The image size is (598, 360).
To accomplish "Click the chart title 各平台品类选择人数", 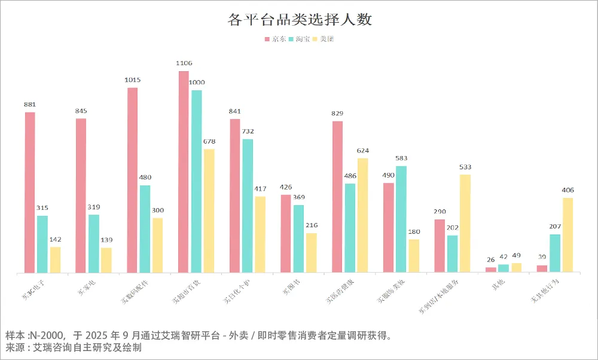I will pos(300,20).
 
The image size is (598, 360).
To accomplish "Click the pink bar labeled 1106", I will pos(184,172).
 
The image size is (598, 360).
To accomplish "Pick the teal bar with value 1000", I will pos(196,182).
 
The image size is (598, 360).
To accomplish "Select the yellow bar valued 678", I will pos(209,211).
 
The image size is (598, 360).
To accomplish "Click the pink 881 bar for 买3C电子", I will pos(30,193).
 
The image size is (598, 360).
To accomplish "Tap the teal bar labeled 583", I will pos(401,219).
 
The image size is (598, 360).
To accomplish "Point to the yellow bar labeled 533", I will pos(465,224).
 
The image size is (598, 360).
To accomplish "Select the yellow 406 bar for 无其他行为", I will pos(568,235).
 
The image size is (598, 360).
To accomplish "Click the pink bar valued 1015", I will pos(132,181).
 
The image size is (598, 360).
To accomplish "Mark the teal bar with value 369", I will pos(298,239).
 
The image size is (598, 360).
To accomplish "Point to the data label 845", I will pos(81,111).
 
